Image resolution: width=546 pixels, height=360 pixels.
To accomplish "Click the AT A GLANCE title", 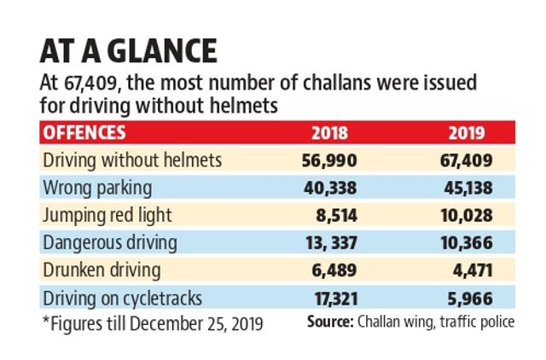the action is coord(129,51).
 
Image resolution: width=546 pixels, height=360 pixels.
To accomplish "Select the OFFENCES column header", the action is coord(84,132).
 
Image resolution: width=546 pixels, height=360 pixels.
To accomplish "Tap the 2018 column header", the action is coord(329,133).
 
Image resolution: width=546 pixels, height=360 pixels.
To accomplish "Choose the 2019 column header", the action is coord(467,133).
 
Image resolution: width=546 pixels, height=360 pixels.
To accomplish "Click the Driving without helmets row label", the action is coord(132,160).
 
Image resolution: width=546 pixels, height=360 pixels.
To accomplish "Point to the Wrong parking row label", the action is coord(97,188).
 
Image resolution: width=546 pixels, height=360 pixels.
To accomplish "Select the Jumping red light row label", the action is coord(107,215).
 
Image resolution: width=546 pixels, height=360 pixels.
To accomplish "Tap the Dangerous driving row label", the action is coord(110,242).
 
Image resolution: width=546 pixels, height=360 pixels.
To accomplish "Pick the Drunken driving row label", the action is coord(102,270).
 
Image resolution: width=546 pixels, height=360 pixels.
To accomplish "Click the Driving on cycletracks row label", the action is coord(123,299).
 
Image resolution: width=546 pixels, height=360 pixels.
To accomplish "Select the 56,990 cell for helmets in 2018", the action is coord(329,160).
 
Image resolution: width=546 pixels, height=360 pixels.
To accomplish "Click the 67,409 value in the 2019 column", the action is coord(467,160).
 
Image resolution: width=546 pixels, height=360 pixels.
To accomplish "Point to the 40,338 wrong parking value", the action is coord(330,188).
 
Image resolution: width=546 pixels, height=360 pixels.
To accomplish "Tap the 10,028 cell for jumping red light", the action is coord(467,216).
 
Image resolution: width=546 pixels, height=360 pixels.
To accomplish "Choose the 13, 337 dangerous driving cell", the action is coord(332,242).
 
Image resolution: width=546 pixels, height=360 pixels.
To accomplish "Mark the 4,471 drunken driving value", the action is coord(473,270).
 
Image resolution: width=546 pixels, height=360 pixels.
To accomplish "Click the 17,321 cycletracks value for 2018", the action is coord(336,299).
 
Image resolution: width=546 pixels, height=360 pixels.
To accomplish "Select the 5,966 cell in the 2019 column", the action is coord(470,299).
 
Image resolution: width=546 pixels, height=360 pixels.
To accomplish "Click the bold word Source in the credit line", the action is coord(330,322).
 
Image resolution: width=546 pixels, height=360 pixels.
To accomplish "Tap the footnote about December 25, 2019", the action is coord(153,324).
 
